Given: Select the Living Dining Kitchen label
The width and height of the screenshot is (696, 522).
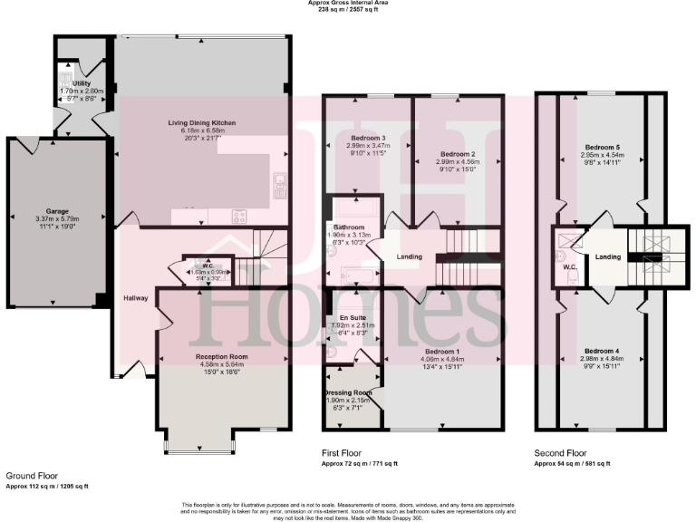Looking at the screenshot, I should tap(202, 122).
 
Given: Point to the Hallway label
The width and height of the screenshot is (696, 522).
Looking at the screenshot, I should tap(136, 298).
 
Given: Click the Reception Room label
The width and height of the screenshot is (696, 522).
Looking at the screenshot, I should tap(222, 357).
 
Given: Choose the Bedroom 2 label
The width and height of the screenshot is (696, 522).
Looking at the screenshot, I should tap(458, 154).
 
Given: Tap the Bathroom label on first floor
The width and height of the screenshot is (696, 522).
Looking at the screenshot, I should tap(349, 227).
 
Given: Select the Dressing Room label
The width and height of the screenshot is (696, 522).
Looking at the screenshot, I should tap(349, 392).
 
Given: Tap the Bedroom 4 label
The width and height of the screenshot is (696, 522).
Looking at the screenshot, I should tap(603, 351).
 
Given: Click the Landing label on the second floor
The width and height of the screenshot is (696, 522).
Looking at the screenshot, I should tap(607, 257).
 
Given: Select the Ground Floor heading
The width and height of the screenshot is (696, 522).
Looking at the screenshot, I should tap(33, 475).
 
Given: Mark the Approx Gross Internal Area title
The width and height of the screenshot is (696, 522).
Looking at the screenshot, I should tap(348, 4).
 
